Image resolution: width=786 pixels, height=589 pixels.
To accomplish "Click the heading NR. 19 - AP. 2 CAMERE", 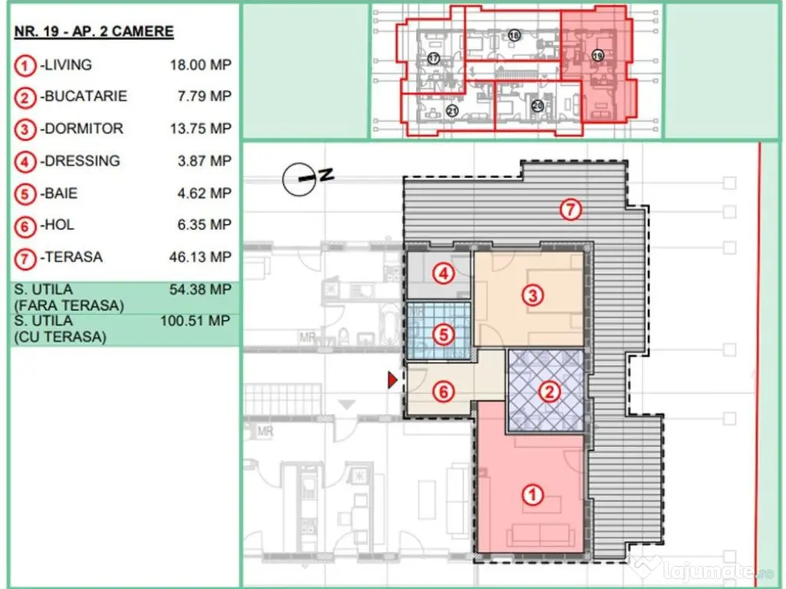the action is [x=94, y=31].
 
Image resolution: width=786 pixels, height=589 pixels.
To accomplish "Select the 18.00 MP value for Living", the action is [x=200, y=65].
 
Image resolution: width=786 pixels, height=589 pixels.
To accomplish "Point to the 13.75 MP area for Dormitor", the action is [x=200, y=129].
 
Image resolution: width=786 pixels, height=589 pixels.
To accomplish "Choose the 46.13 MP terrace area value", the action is [x=200, y=258].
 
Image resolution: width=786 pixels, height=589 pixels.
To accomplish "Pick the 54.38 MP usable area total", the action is [x=200, y=289].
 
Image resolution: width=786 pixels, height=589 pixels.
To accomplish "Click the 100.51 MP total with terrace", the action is [x=196, y=321].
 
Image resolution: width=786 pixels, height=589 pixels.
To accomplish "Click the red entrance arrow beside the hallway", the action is [x=392, y=380].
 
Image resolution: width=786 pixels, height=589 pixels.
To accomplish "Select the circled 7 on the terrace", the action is [x=570, y=210].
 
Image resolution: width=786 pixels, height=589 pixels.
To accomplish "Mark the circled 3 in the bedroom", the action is [x=533, y=295].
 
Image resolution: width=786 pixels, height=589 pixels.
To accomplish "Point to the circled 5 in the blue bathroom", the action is [x=443, y=334].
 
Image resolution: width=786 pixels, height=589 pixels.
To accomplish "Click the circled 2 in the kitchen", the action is [x=550, y=391].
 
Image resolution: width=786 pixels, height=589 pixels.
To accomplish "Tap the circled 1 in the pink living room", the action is [x=533, y=495].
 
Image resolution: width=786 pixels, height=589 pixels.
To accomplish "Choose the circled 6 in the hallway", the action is [x=443, y=392].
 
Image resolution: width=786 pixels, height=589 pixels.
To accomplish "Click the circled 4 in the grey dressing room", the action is [x=443, y=274].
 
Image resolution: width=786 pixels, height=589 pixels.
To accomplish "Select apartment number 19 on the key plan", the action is [x=597, y=55].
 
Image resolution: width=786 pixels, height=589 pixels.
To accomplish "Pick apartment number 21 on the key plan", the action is [x=452, y=110].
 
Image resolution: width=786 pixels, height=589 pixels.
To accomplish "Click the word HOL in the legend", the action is [x=60, y=225].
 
